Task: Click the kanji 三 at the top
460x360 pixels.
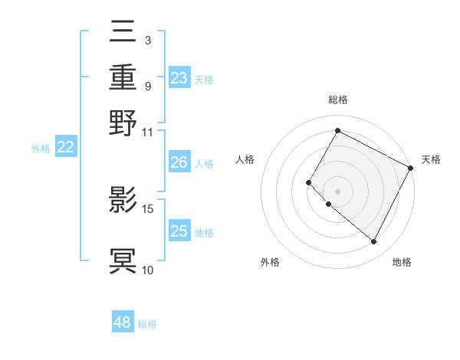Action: click(123, 34)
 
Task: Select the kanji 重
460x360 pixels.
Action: click(123, 78)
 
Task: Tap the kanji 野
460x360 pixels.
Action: click(123, 123)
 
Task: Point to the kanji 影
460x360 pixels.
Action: click(123, 200)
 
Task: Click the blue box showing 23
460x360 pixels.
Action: click(179, 78)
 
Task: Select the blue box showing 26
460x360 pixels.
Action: click(179, 162)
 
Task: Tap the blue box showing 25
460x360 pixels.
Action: click(179, 232)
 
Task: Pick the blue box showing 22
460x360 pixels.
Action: click(65, 148)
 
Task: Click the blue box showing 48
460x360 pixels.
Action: click(123, 322)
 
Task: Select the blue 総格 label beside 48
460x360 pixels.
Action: click(147, 324)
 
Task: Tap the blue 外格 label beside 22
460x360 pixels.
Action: click(40, 149)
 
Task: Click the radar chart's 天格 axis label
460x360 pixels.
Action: click(432, 159)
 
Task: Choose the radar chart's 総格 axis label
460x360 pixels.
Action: click(337, 100)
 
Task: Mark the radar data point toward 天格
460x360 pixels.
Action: click(410, 168)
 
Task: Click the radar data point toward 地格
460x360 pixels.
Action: click(374, 242)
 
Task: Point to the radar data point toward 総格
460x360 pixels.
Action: click(337, 131)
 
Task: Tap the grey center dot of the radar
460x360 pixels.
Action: click(337, 191)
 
